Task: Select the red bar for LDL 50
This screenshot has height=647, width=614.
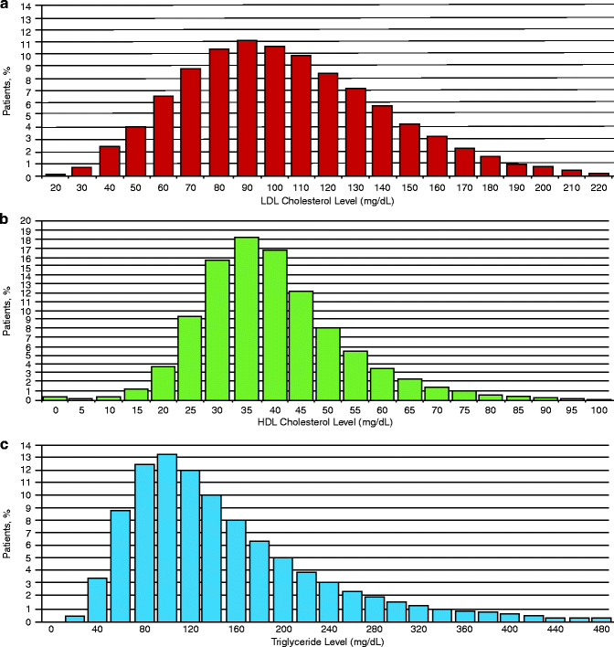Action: click(x=135, y=151)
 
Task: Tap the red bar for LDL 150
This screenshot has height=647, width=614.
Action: click(x=409, y=149)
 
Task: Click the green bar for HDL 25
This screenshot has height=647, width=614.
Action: click(x=190, y=357)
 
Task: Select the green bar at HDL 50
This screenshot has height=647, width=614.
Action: click(x=328, y=363)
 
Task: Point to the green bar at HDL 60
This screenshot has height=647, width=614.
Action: click(x=383, y=383)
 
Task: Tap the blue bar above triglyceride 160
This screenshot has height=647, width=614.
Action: click(x=236, y=570)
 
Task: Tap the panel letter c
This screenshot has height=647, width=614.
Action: click(x=5, y=446)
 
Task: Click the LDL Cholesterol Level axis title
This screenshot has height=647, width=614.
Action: click(x=307, y=200)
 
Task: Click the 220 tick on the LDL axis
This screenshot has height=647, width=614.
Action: click(x=599, y=186)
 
